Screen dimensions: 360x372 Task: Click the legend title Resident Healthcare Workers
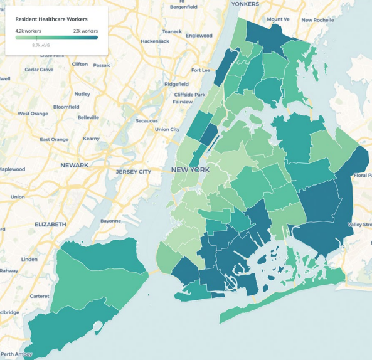pyautogui.click(x=51, y=19)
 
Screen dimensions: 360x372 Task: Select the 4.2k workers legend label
pyautogui.click(x=29, y=31)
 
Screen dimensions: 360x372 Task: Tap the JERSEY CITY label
pyautogui.click(x=133, y=171)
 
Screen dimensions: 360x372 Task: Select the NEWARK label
pyautogui.click(x=74, y=165)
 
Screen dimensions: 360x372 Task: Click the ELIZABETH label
pyautogui.click(x=50, y=224)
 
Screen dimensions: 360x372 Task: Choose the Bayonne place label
pyautogui.click(x=110, y=221)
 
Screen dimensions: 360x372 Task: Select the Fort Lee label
pyautogui.click(x=201, y=70)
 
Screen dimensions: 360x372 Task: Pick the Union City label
pyautogui.click(x=167, y=129)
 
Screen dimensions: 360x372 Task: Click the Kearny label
pyautogui.click(x=91, y=138)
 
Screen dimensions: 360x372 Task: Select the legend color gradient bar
pyautogui.click(x=56, y=38)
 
